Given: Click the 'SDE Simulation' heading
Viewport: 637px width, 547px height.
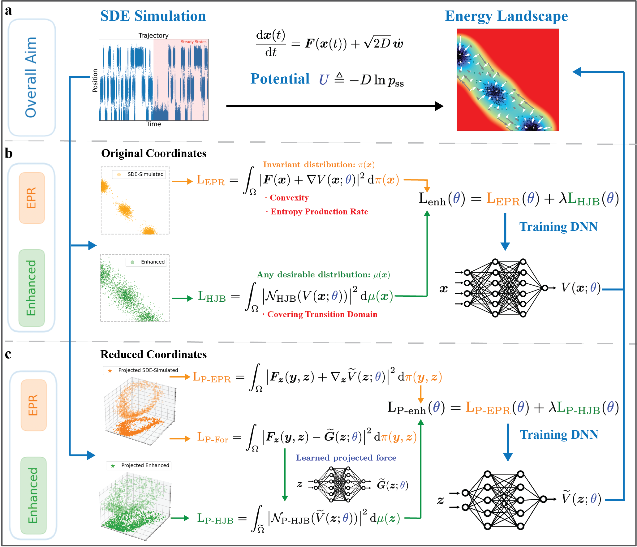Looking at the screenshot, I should pos(153,16).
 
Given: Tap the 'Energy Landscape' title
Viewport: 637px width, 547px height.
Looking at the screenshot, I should pos(506,16).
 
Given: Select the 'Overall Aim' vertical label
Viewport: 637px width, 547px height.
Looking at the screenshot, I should pos(31,77).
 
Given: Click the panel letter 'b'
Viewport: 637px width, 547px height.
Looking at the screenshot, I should pos(8,153).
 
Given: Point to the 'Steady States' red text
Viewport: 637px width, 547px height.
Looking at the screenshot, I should pos(193,42).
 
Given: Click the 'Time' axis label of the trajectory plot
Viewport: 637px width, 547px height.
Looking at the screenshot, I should pos(153,124).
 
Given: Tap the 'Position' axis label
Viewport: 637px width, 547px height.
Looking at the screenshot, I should pos(95,80).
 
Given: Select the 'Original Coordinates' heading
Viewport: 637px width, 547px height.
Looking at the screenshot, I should pos(154,153).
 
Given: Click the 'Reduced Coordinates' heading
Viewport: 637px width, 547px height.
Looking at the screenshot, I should pos(153,354).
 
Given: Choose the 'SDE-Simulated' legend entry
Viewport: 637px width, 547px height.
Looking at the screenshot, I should pos(145,174).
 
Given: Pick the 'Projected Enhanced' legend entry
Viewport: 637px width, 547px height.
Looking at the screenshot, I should pos(145,465).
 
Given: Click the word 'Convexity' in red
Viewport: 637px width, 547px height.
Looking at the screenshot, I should pos(289,198).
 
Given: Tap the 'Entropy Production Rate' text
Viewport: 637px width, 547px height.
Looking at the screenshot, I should pos(319,212).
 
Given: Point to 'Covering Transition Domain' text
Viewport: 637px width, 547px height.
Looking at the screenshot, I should pos(322,314).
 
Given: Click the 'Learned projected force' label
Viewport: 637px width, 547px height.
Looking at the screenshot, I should pos(346,458).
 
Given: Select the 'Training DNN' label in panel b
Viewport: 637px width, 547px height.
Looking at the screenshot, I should pos(558,226).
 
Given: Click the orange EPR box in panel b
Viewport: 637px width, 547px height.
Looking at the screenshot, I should pos(32,198).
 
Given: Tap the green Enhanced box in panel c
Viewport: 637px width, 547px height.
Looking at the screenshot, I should pos(33,495).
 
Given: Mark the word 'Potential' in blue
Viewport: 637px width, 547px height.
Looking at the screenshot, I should pos(280,79).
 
